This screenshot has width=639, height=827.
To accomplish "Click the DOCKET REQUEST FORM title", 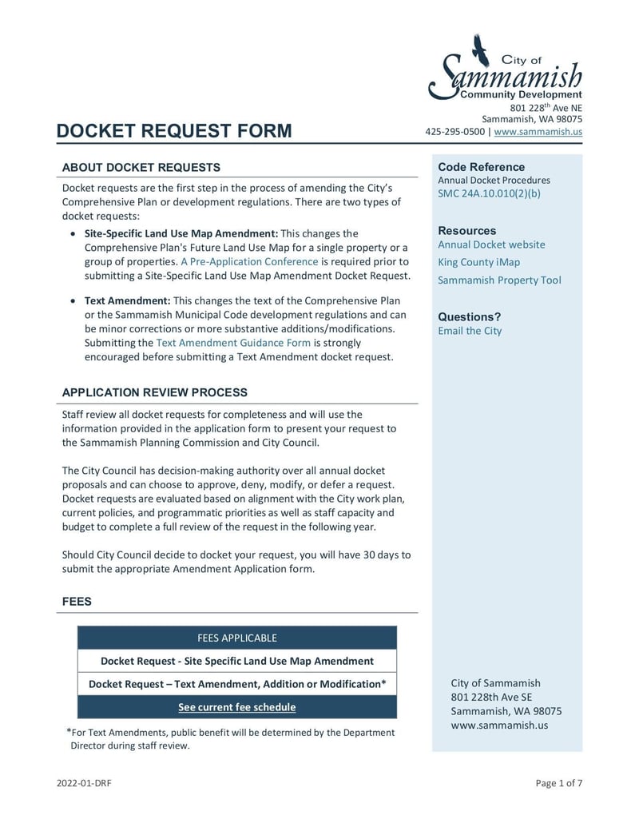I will (x=174, y=131).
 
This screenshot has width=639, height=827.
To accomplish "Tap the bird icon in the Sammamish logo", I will (x=480, y=50).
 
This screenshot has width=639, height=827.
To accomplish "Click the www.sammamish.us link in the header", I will (x=538, y=132).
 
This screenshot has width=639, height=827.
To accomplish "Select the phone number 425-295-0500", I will (x=454, y=132).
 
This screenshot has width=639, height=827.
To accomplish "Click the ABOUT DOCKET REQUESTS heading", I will (x=141, y=168).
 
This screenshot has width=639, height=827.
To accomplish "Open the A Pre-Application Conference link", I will (x=249, y=261).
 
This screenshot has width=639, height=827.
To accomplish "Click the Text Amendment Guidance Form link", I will (x=233, y=343).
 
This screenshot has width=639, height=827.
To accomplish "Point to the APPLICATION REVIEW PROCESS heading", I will (x=154, y=392).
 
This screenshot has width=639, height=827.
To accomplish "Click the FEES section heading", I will (x=77, y=602).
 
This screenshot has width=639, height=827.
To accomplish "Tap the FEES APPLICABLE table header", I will (x=236, y=638).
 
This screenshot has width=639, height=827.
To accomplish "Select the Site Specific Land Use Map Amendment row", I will (x=236, y=661).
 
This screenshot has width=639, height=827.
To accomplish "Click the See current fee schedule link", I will (x=236, y=707).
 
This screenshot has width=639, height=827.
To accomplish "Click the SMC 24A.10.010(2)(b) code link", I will (x=489, y=193).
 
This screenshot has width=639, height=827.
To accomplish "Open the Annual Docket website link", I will (x=491, y=245).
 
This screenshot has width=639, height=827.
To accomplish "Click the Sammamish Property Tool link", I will (x=499, y=280).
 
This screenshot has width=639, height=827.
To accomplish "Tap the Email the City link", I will (x=470, y=331).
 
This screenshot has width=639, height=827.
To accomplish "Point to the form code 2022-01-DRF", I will (x=84, y=783).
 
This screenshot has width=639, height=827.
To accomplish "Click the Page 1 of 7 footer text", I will (x=558, y=783).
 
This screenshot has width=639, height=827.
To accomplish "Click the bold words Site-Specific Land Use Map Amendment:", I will (x=181, y=233).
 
